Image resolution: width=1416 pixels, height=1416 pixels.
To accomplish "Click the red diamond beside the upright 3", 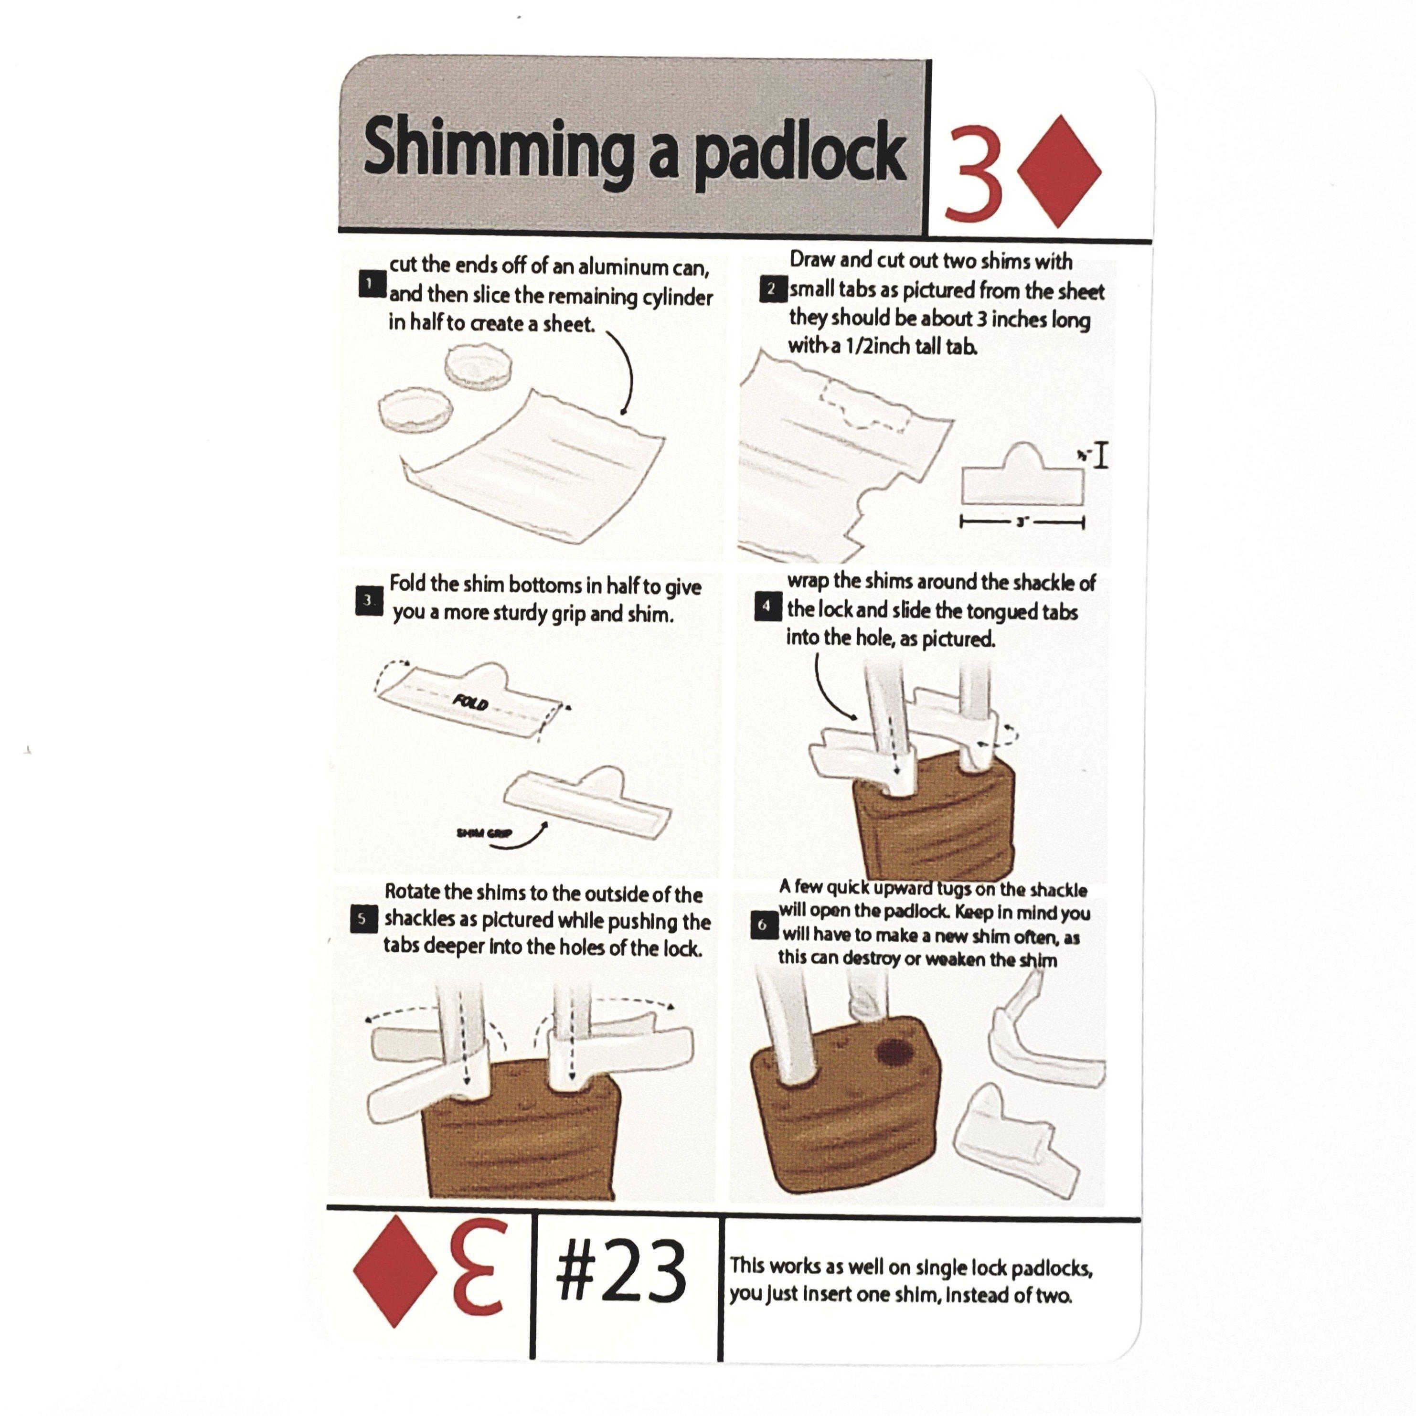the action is tap(1060, 171).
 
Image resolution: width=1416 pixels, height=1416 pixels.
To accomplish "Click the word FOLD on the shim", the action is tap(470, 702).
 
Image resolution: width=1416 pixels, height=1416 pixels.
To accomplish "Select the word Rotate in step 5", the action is tap(412, 892).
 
